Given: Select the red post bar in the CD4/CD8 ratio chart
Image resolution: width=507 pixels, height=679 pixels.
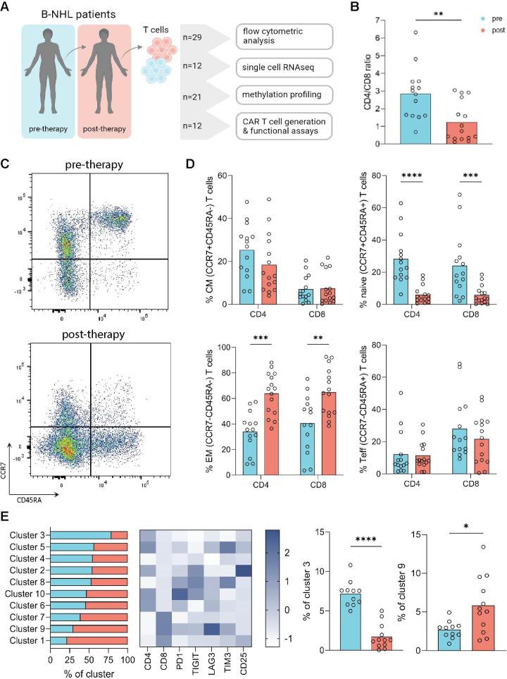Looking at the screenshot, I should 461,126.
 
